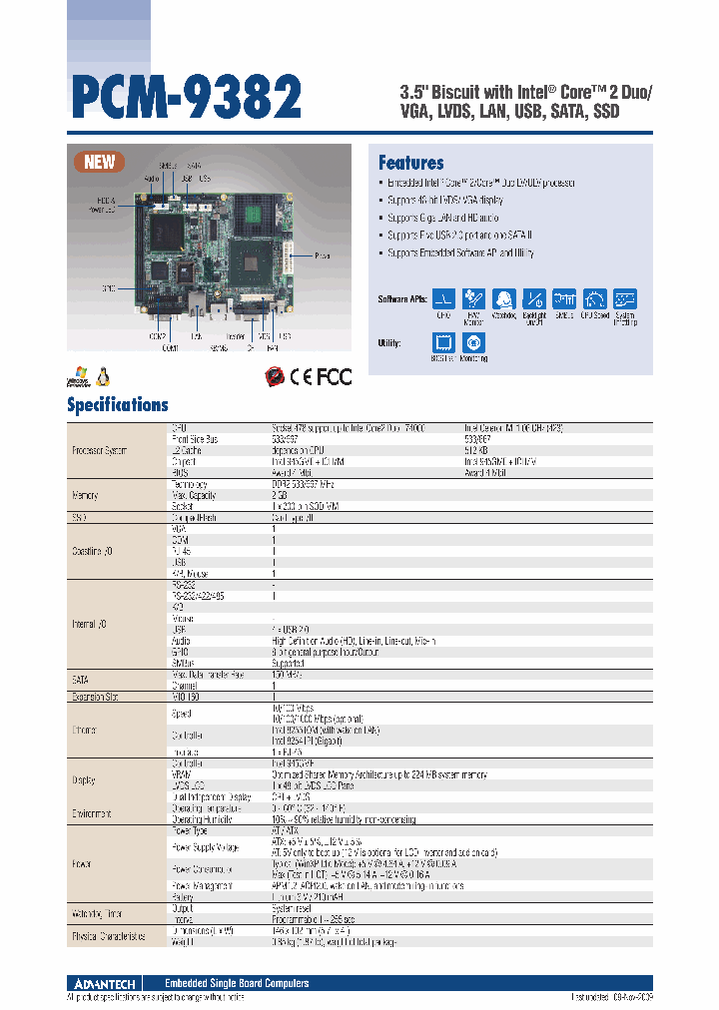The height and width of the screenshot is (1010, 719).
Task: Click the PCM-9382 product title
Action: pos(186,98)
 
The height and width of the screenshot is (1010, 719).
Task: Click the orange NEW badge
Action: pos(100,162)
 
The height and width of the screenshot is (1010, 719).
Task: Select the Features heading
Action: pos(410,163)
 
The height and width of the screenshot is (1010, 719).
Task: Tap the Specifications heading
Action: pos(117,404)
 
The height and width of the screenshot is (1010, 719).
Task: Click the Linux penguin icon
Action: pos(103,375)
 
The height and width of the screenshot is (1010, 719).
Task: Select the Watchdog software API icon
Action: pos(504,298)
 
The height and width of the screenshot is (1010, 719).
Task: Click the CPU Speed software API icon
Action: pos(595,298)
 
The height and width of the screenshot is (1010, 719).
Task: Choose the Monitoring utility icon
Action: pos(474,341)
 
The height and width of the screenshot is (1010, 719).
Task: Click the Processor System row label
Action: pos(100,451)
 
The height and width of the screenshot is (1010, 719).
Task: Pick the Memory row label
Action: pos(85,495)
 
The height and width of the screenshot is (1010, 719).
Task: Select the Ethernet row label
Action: pos(85,731)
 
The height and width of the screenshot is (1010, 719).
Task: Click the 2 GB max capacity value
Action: pos(278,495)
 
